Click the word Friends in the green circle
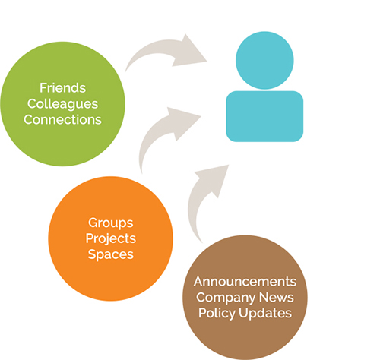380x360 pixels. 62,88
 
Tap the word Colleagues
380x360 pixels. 62,104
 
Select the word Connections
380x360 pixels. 62,120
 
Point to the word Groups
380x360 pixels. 110,223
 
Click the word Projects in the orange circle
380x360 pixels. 111,238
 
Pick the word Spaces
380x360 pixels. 110,254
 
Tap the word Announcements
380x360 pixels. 245,282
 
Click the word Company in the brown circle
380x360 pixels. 226,298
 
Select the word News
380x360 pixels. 277,297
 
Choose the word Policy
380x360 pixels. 217,314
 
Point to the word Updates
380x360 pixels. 265,314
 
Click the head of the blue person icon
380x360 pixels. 264,60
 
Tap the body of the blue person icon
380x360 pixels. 264,116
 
